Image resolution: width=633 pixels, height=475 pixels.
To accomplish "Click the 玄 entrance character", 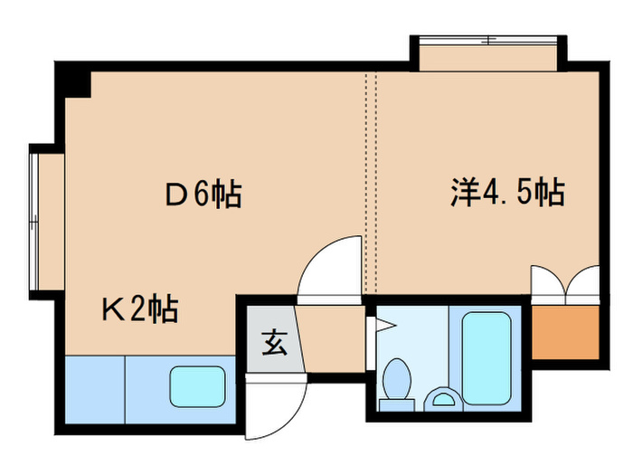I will [x=272, y=343].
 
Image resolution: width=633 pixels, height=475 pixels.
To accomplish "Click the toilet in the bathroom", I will [x=395, y=380].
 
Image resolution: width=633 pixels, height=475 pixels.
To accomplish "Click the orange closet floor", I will [x=565, y=331].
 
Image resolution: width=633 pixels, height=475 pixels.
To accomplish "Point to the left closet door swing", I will [x=547, y=282].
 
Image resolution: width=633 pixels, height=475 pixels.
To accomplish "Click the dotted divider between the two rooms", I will [x=369, y=181].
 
